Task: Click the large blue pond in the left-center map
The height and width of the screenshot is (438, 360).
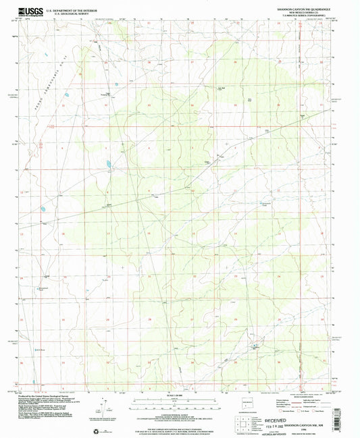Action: pos(107,163)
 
